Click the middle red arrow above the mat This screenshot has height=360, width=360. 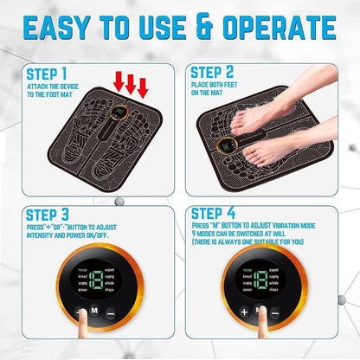pyautogui.click(x=131, y=85)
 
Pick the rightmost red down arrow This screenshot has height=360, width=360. pyautogui.click(x=143, y=87)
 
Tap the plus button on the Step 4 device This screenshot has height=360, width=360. pyautogui.click(x=246, y=312)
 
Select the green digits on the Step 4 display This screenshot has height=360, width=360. pyautogui.click(x=261, y=282)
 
